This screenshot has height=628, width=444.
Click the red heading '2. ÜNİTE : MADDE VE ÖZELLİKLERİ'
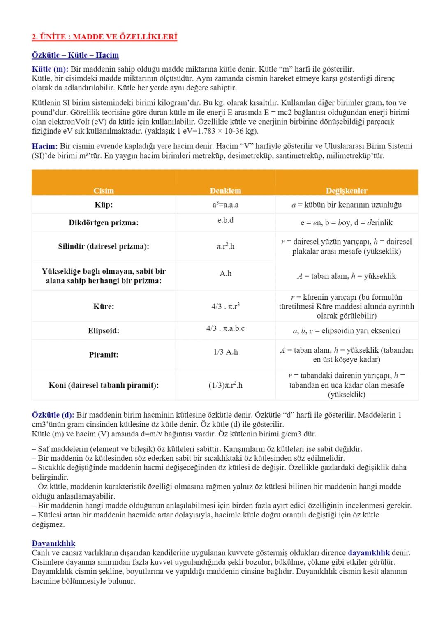coord(104,37)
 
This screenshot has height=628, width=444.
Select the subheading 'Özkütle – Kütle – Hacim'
coord(75,55)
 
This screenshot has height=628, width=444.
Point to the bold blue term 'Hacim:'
coord(45,146)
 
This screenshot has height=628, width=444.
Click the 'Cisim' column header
coord(104,191)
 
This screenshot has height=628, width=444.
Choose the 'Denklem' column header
coord(225,191)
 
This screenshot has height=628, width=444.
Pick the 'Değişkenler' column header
coord(347,191)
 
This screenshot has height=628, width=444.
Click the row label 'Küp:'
coord(104,205)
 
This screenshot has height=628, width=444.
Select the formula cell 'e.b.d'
coord(225,220)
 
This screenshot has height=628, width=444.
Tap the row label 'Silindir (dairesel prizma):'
coord(104,247)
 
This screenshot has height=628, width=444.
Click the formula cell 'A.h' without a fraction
coord(225,274)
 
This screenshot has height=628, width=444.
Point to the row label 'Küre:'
coord(104,307)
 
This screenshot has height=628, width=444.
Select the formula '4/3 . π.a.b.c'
coord(225,328)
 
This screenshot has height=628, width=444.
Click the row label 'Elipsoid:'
coord(104,331)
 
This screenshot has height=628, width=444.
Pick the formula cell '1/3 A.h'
coord(226,352)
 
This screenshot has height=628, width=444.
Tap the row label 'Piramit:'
coord(104,355)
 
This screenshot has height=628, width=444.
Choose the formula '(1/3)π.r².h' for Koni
coord(225,385)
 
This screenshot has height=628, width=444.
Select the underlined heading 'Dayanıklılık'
coord(53,544)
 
